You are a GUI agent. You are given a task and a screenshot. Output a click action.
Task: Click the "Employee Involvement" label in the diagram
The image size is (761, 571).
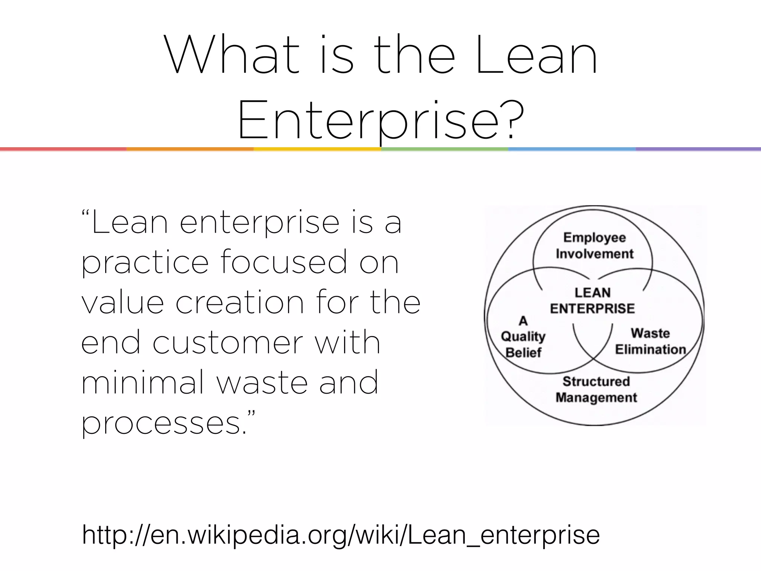pos(594,245)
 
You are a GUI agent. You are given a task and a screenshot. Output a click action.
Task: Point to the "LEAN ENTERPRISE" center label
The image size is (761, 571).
pos(592,300)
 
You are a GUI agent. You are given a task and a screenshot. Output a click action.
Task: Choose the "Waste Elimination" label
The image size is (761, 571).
pos(650,341)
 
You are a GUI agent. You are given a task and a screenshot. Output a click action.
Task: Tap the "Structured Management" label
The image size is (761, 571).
pos(596,389)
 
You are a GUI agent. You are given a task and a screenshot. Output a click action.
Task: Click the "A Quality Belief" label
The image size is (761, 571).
pos(523,336)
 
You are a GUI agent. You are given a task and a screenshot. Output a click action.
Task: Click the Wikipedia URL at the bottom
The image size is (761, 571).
pos(341,535)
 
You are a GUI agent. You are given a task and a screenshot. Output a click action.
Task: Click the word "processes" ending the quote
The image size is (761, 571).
pos(161,423)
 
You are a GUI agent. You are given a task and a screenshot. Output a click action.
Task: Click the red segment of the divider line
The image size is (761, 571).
pos(63,149)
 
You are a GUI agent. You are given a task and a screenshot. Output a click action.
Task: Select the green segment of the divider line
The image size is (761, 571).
pos(444,149)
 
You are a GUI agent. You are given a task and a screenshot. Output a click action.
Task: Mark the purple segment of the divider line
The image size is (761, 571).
pos(698,149)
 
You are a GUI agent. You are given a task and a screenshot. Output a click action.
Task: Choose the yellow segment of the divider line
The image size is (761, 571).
pos(317,149)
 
